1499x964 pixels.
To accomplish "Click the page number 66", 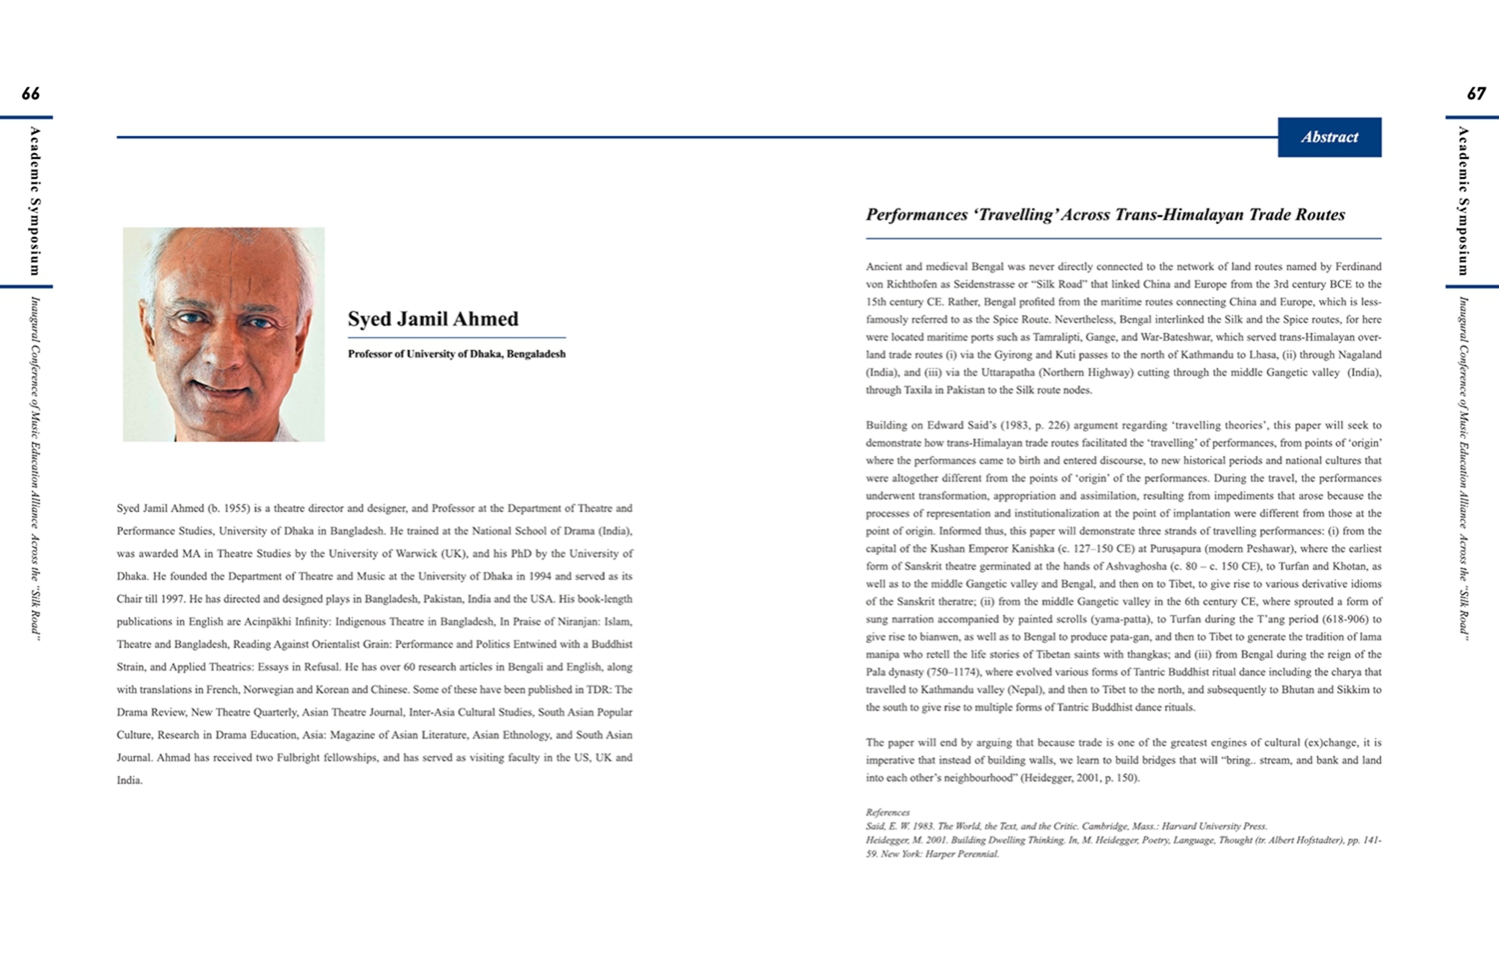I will [x=31, y=94].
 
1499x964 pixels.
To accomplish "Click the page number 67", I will [x=1476, y=94].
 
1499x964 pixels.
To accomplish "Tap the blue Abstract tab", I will [x=1329, y=137].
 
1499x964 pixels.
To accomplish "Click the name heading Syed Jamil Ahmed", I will [x=433, y=319].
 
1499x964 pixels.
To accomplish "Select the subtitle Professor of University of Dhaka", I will [x=456, y=354].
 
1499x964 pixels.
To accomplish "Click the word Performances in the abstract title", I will [x=915, y=215].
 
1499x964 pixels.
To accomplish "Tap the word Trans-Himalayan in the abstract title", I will [x=1172, y=215].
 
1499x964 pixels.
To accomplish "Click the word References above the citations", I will [x=887, y=812].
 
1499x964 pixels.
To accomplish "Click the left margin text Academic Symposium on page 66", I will [x=35, y=201].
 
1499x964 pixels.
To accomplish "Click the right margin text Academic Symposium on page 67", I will [x=1463, y=201].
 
